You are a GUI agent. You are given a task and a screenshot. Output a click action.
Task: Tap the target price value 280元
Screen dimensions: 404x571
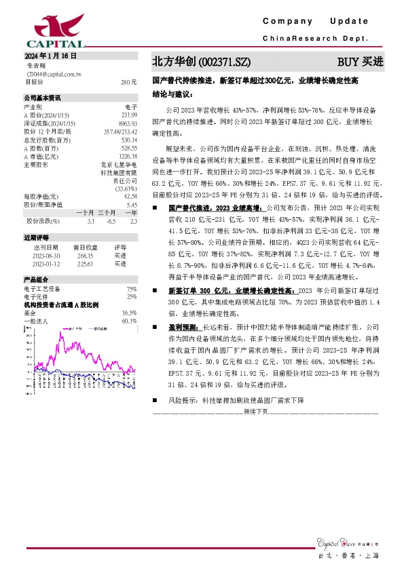(x=129, y=82)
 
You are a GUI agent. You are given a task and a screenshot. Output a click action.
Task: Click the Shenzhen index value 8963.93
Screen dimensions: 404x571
(x=128, y=123)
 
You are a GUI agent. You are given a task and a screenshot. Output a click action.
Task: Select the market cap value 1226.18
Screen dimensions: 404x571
(x=127, y=155)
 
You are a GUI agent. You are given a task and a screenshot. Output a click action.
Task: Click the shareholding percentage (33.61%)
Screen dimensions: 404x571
(x=126, y=188)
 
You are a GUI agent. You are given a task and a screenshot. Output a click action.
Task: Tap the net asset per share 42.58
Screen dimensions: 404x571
(x=130, y=196)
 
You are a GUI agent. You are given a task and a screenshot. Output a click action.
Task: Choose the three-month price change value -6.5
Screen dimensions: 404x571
(x=111, y=221)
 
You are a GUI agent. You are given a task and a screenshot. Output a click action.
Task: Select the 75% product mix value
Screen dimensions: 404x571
(x=132, y=289)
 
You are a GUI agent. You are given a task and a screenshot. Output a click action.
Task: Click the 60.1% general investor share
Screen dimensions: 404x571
(x=129, y=321)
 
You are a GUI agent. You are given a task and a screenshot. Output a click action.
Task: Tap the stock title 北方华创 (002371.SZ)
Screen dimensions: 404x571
(x=196, y=61)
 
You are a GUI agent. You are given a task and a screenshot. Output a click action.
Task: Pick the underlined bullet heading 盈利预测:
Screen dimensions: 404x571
(x=185, y=326)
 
